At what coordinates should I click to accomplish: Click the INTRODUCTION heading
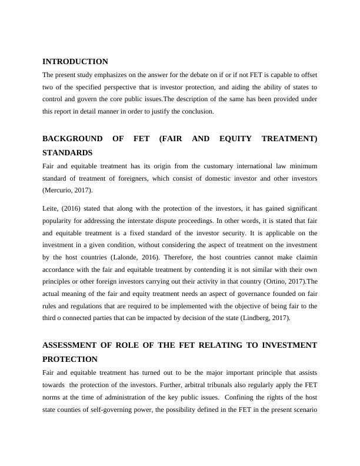tap(75, 62)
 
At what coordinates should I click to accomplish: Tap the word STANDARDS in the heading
tap(68, 152)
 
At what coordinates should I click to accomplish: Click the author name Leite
tap(51, 209)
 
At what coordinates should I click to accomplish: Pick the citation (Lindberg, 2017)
tap(262, 318)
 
